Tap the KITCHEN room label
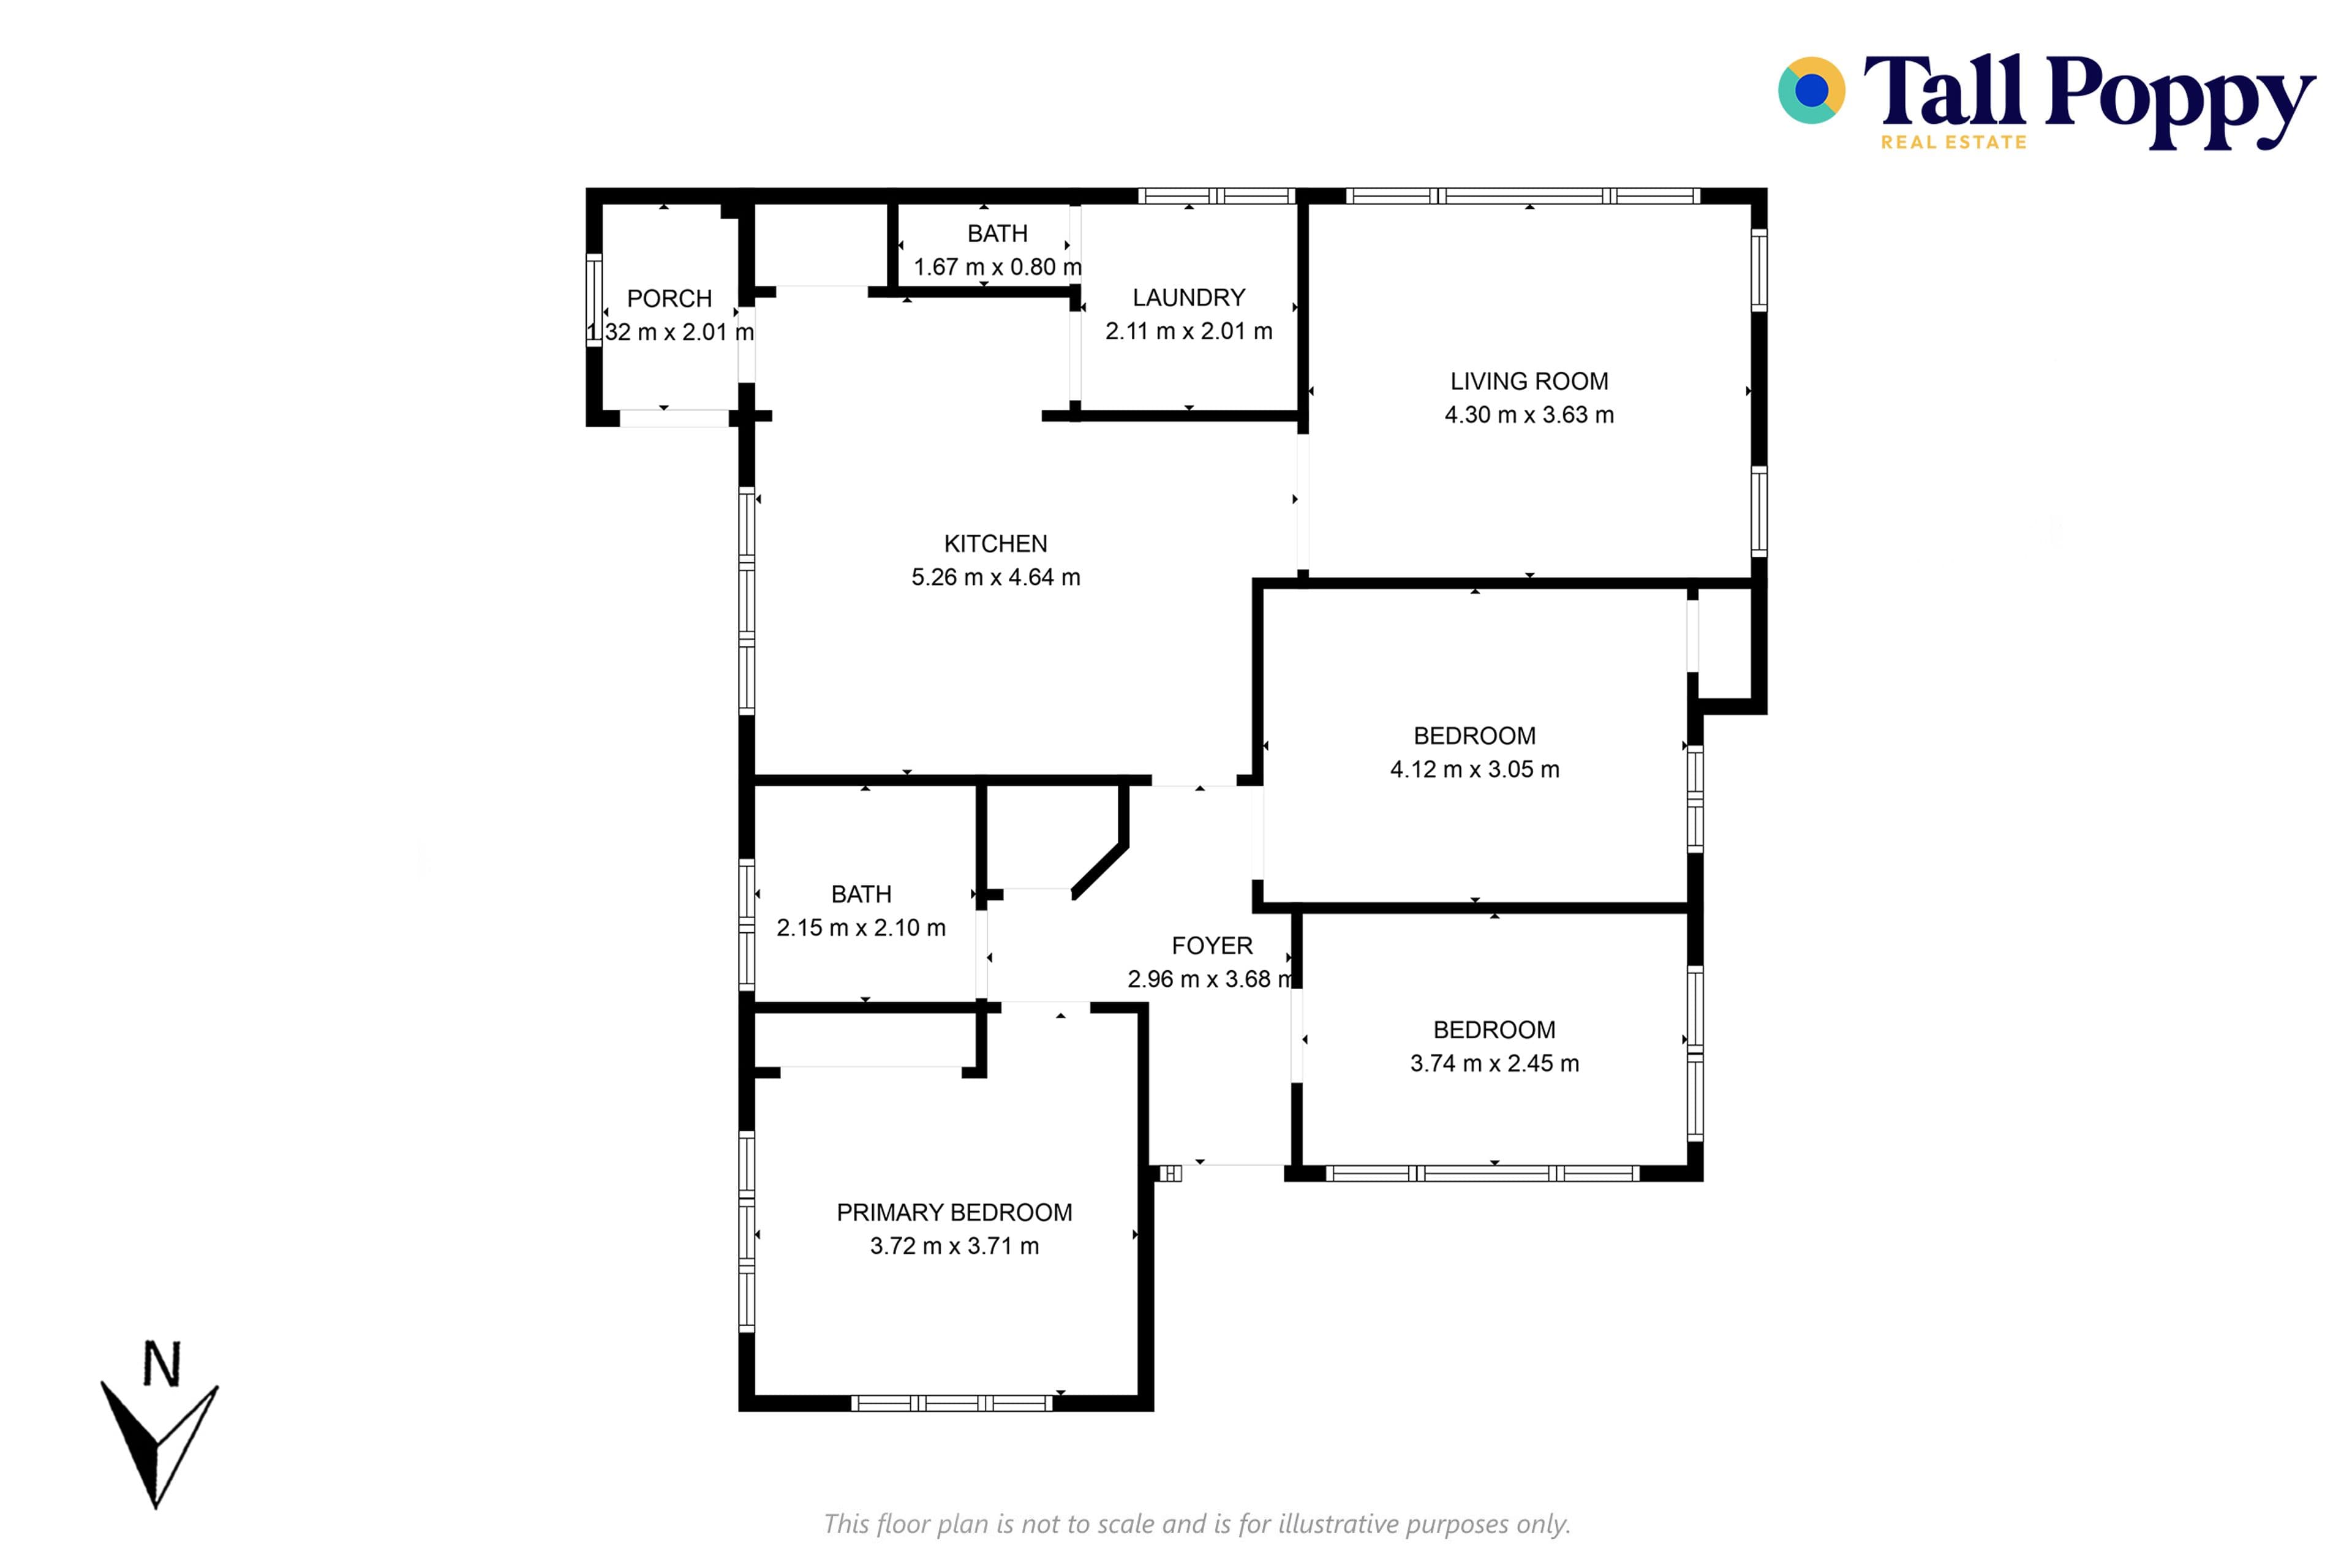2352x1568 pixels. pos(996,544)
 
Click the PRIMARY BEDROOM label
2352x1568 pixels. pos(954,1212)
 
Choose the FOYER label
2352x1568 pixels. pos(1212,945)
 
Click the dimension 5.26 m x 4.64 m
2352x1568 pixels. pos(996,577)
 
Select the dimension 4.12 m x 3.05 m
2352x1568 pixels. pos(1475,769)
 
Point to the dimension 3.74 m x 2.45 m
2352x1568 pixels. pos(1495,1063)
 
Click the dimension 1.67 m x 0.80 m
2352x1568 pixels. pos(998,267)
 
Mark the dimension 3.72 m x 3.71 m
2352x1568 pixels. pos(954,1245)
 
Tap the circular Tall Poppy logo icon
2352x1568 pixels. pos(1811,90)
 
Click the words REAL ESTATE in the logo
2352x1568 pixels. pos(1953,142)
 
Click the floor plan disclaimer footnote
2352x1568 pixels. pos(1197,1523)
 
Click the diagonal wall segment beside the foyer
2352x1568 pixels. pos(1100,871)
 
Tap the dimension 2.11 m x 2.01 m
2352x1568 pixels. pos(1189,330)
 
